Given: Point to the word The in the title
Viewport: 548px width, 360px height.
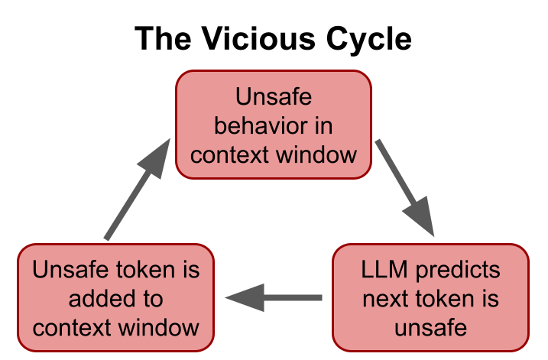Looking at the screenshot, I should pos(163,37).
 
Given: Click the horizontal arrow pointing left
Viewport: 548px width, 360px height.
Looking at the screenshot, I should pos(275,297).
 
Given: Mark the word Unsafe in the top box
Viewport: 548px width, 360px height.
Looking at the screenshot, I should pos(274,98).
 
